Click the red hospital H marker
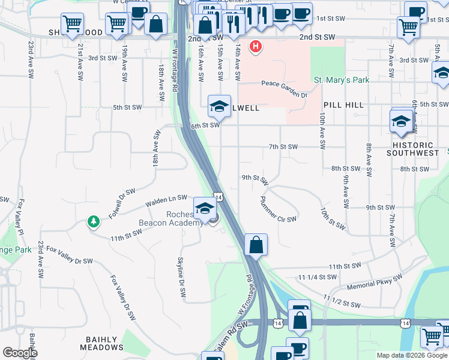tap(256, 46)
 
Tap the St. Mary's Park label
tap(342, 80)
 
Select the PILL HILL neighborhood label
tap(343, 105)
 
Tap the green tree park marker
tap(94, 222)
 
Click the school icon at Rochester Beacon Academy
tap(205, 208)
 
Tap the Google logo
tap(19, 353)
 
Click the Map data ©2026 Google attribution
tap(412, 355)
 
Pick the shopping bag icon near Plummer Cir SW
tap(256, 245)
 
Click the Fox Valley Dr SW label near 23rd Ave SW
tap(70, 255)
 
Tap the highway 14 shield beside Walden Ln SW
tap(218, 197)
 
